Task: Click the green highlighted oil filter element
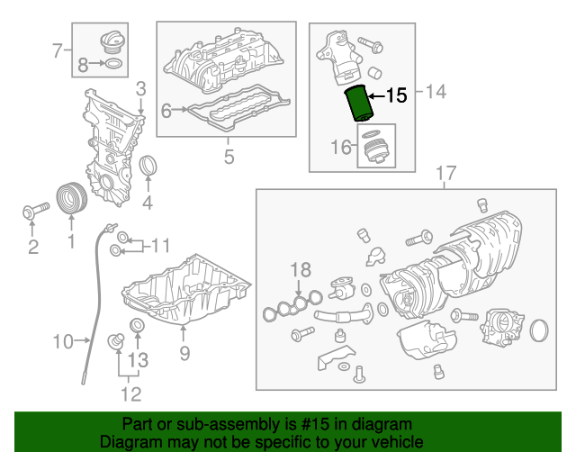pos(358,103)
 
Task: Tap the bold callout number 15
pos(396,95)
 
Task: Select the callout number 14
pos(436,91)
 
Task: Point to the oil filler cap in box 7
pos(112,42)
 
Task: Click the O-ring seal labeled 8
pos(114,64)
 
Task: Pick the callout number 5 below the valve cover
pos(229,157)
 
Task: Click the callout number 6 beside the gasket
pos(166,110)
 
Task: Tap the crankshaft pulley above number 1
pos(72,197)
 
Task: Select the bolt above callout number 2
pos(36,211)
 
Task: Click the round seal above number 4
pos(148,166)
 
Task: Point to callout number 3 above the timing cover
pos(141,89)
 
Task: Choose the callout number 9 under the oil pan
pos(184,353)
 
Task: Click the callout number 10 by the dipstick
pos(63,341)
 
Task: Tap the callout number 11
pos(160,245)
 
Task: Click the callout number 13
pos(138,360)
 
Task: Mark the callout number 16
pos(341,147)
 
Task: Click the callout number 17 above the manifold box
pos(446,173)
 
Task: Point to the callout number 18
pos(301,270)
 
